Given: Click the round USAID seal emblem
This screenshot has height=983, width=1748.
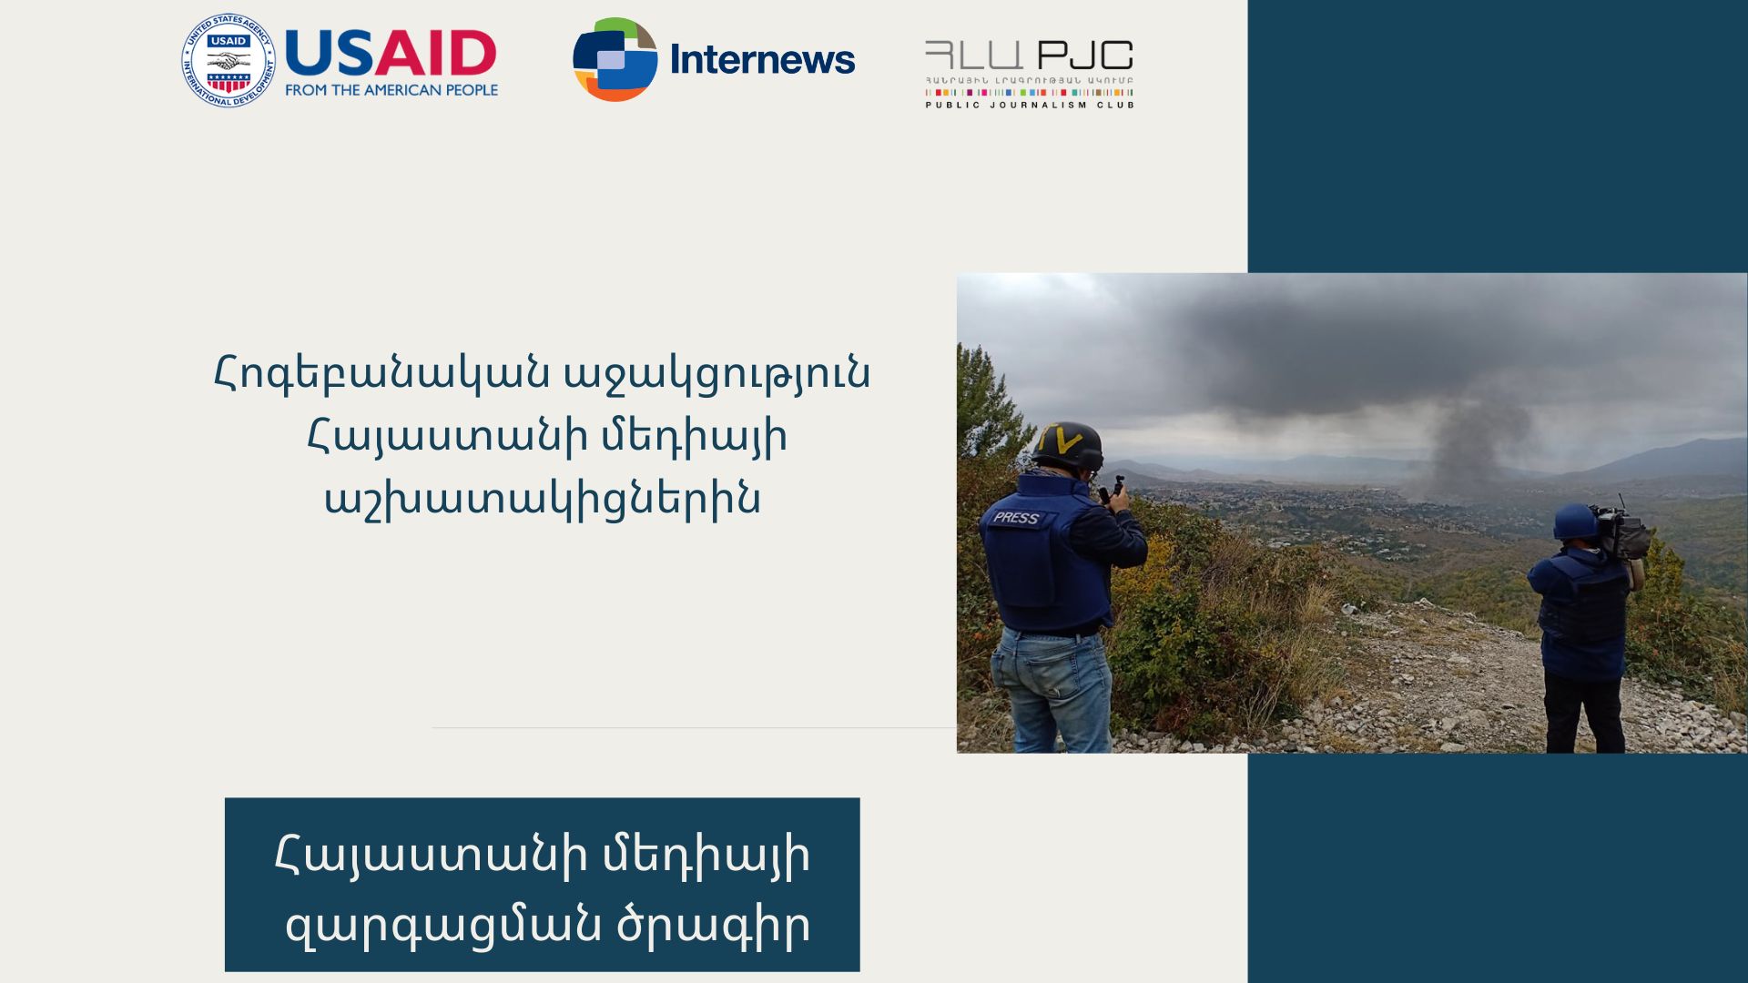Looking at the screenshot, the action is (x=228, y=60).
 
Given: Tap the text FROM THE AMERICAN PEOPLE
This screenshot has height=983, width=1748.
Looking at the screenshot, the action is (x=391, y=90).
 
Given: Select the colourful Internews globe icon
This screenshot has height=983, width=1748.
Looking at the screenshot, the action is (x=615, y=59).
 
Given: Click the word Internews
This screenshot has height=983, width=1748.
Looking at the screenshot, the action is (x=762, y=60).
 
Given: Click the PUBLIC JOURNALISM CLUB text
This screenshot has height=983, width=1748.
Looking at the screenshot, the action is (x=1030, y=106).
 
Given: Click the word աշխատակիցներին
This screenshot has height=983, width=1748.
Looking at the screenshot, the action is (x=543, y=500).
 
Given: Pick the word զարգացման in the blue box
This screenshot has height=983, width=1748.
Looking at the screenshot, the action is (x=443, y=927).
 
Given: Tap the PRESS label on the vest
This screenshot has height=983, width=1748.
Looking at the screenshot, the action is (x=1016, y=518).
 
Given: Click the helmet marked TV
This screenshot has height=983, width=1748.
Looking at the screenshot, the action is (x=1068, y=447).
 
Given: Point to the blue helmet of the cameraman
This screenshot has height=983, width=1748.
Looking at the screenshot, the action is (x=1575, y=522).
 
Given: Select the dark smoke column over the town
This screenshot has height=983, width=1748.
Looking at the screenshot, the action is (x=1466, y=446).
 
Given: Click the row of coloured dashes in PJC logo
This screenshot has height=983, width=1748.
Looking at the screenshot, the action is (x=1030, y=92).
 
